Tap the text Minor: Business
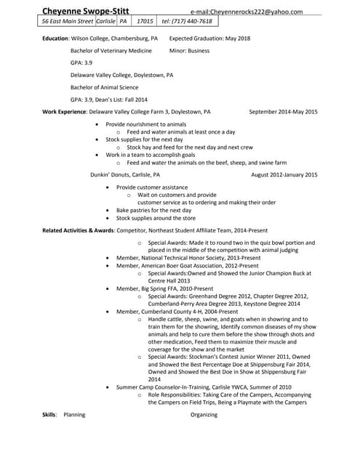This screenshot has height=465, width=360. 188,51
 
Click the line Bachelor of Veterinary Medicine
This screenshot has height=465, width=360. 111,51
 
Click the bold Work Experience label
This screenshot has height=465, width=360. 64,112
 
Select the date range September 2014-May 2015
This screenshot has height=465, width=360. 283,112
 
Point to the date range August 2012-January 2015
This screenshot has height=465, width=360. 284,175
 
